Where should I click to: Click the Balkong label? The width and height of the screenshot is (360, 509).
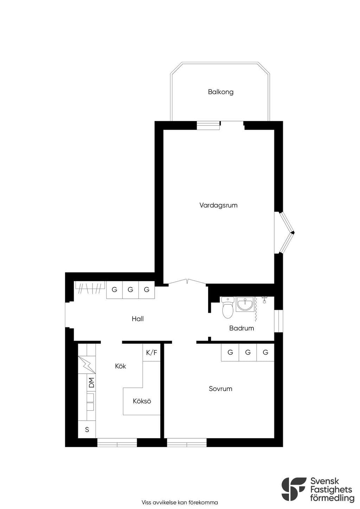point(220,92)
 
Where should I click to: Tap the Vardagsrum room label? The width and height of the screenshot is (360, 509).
point(218,205)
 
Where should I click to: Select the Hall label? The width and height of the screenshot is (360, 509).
point(137,319)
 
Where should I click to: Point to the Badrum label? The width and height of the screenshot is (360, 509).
point(242,328)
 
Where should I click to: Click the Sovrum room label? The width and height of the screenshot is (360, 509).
point(220,388)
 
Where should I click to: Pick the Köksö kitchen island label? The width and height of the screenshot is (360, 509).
point(142,401)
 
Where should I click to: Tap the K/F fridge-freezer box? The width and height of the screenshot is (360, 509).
point(152,353)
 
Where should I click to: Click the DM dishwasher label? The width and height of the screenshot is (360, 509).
point(91,382)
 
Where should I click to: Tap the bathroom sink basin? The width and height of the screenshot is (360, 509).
point(245,304)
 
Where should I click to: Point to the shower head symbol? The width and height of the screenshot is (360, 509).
point(264,300)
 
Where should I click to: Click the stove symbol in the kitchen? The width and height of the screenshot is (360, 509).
point(87,365)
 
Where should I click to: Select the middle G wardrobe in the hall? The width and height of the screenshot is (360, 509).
point(130,290)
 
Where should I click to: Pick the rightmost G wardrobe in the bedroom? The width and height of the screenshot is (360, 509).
point(265,353)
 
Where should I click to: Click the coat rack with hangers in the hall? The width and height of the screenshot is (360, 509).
point(90,288)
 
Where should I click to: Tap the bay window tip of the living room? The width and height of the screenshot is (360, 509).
point(294,232)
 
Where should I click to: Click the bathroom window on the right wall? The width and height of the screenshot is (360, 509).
point(279,321)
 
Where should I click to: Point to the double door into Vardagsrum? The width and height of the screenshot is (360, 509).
point(187,282)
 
